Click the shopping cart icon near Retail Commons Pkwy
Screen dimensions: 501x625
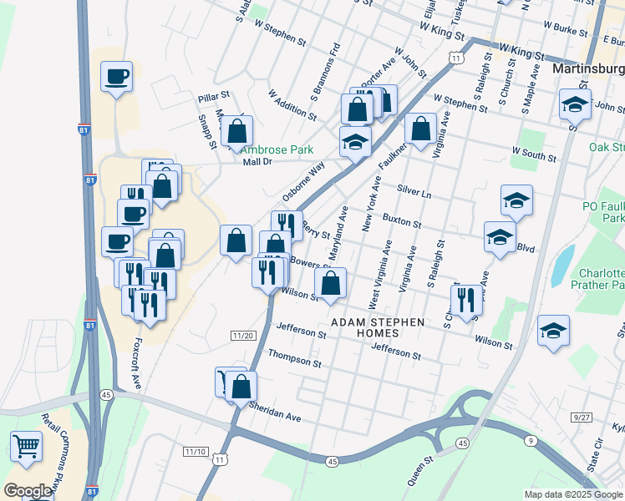click(x=26, y=446)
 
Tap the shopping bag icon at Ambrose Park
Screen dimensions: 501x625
click(x=237, y=130)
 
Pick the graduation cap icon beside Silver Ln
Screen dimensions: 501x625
click(x=516, y=200)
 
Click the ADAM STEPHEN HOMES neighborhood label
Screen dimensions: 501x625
click(x=378, y=327)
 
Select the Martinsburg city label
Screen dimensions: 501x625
click(x=588, y=66)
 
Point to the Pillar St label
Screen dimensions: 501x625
click(x=213, y=99)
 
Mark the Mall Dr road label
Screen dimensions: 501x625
click(x=258, y=162)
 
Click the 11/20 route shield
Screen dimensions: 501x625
click(x=242, y=335)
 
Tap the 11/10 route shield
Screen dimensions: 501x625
click(x=195, y=451)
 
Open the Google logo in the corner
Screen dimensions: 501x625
click(x=28, y=491)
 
